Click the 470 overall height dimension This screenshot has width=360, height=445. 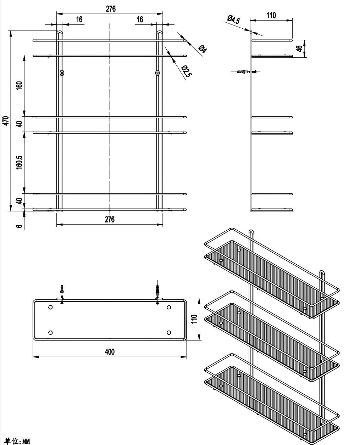(x=6, y=121)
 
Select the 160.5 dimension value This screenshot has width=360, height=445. (x=19, y=162)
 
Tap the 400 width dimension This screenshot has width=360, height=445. (x=110, y=352)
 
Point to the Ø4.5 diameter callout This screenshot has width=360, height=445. (x=233, y=19)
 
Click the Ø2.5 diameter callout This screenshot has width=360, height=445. (x=186, y=71)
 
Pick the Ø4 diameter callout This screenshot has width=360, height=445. (x=203, y=49)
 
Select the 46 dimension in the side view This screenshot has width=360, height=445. (x=300, y=48)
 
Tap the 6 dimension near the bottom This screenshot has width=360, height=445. (x=19, y=226)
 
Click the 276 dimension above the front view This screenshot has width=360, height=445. (x=111, y=9)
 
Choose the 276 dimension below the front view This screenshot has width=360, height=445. (x=110, y=219)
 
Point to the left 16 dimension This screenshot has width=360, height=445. (x=79, y=19)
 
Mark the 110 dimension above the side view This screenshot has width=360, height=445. (x=271, y=16)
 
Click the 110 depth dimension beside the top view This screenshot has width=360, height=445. (x=194, y=319)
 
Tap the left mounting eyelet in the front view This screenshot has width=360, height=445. (x=62, y=73)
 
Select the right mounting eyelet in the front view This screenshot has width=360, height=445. (x=157, y=73)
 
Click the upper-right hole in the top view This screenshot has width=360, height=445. (x=169, y=307)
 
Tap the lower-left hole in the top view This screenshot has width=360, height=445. (x=50, y=333)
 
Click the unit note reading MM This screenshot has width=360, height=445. (x=26, y=440)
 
